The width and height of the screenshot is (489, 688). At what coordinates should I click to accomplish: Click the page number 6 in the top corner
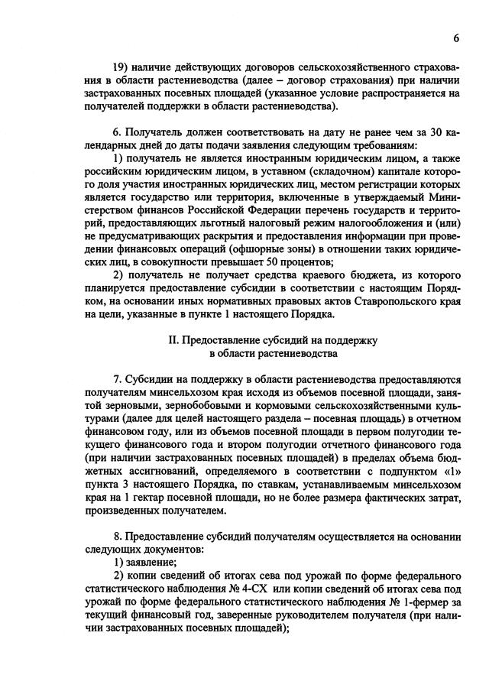click(x=455, y=38)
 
